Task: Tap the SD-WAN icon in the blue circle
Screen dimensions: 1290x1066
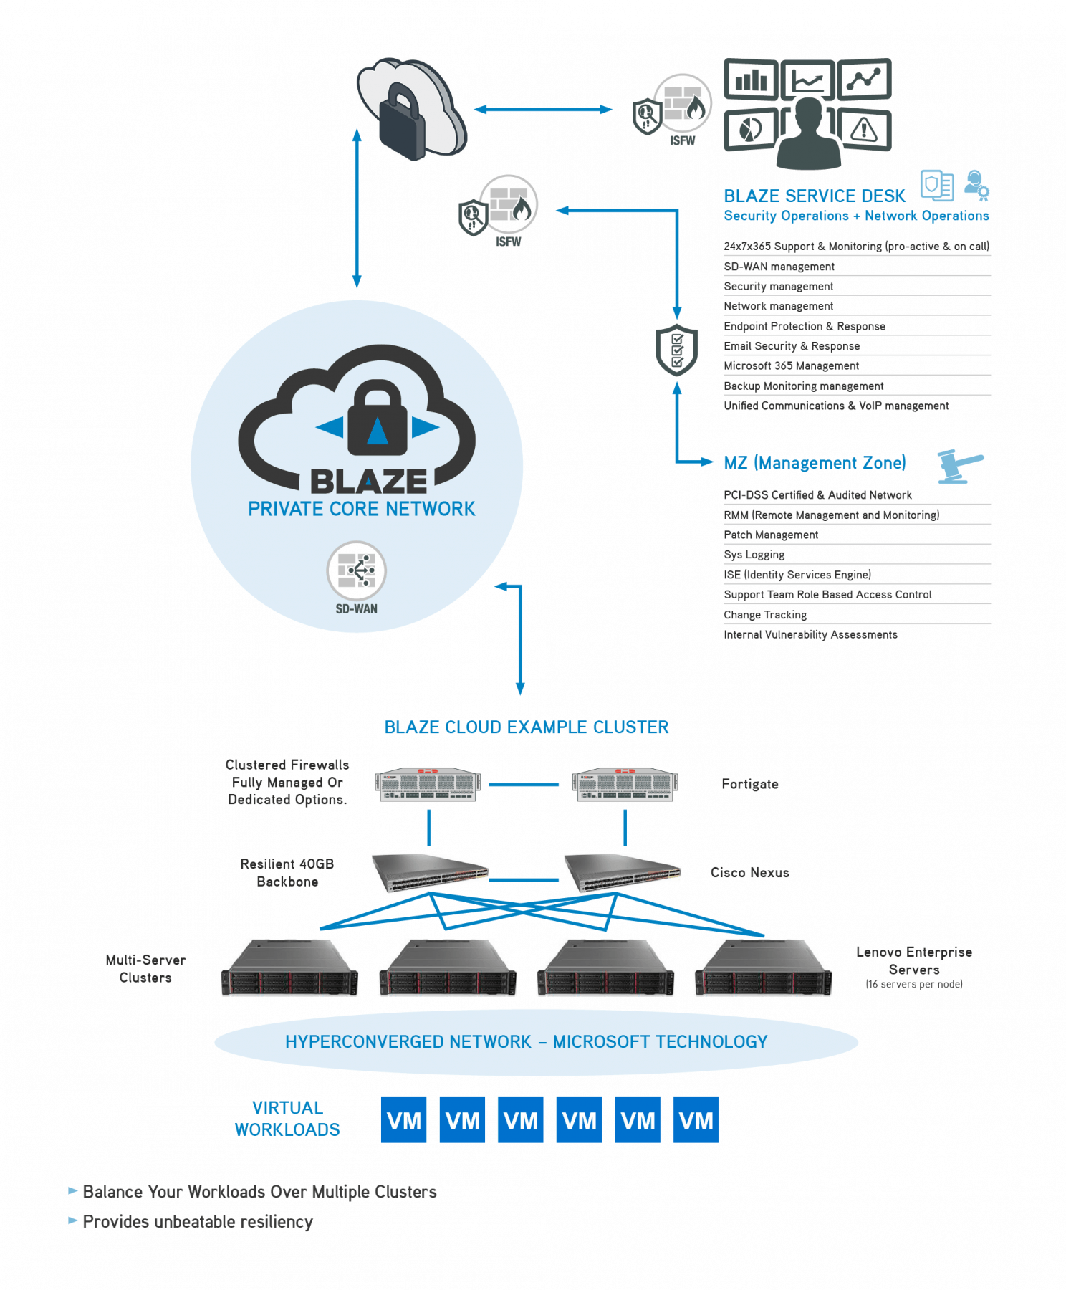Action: tap(356, 571)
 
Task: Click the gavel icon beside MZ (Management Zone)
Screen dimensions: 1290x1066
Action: tap(960, 466)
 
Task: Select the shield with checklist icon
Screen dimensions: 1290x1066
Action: tap(676, 350)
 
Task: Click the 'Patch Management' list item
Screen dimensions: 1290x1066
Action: tap(771, 535)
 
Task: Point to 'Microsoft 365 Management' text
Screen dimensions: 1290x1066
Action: tap(791, 365)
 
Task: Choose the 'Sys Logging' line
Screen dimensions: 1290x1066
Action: tap(754, 555)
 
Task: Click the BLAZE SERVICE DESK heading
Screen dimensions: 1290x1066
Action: tap(814, 196)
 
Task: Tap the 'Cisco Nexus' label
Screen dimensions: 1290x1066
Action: tap(749, 873)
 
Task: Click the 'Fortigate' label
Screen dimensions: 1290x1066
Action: tap(749, 784)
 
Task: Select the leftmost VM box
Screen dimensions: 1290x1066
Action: tap(403, 1119)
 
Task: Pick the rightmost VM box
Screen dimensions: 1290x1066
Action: tap(696, 1119)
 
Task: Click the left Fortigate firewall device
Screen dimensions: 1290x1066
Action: tap(428, 784)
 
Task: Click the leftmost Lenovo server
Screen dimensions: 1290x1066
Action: tap(289, 968)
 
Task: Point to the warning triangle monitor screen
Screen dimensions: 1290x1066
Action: tap(864, 130)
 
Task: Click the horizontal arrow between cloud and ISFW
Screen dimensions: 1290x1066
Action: tap(543, 110)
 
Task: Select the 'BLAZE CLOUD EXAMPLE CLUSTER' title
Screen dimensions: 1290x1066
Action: tap(526, 727)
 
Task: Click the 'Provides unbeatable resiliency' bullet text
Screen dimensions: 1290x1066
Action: tap(198, 1222)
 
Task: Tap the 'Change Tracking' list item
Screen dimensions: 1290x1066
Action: tap(764, 615)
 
